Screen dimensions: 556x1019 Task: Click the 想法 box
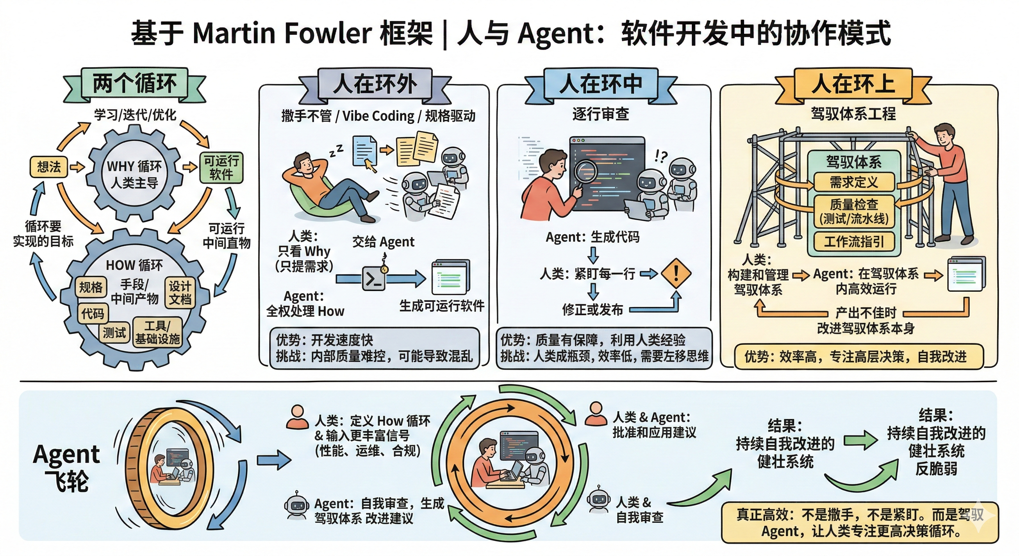tap(48, 167)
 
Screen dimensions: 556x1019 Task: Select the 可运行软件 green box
tap(221, 168)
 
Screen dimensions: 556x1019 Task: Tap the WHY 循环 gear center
tap(135, 174)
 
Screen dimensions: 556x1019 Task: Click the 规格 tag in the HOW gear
tap(91, 287)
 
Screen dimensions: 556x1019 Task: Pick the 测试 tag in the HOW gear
tap(114, 332)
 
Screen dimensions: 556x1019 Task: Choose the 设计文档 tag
tap(180, 293)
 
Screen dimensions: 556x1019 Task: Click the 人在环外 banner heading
tap(375, 84)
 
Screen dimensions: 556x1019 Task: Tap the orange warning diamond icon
tap(676, 273)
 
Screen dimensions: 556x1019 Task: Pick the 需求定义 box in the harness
tap(854, 182)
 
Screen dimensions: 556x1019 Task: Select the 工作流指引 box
tap(854, 241)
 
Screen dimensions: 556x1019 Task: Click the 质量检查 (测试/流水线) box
tap(854, 211)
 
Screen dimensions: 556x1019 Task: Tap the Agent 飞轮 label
tap(67, 467)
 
